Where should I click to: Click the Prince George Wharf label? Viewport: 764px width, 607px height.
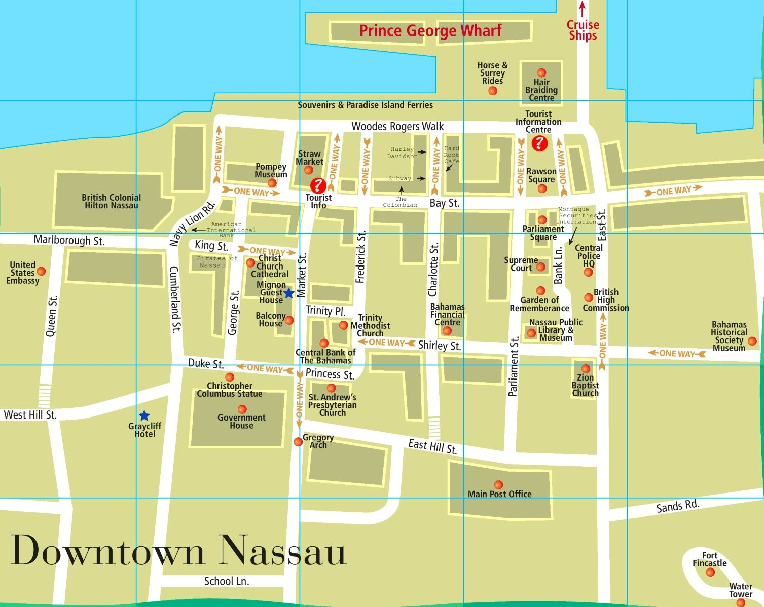click(430, 31)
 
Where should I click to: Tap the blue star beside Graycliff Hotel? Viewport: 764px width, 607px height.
click(144, 415)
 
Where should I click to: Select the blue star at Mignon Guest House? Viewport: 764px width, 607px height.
click(288, 293)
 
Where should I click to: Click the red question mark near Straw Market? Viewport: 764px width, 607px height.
click(318, 185)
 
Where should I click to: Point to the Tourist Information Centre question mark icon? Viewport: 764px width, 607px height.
click(539, 143)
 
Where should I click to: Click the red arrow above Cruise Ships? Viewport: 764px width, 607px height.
click(583, 9)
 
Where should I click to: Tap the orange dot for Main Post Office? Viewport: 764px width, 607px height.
click(498, 485)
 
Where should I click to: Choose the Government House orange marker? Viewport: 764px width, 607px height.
click(242, 409)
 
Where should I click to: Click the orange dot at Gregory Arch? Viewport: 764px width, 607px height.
click(298, 442)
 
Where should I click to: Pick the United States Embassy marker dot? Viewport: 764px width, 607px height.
click(41, 272)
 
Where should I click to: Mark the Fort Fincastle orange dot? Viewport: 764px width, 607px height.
click(710, 572)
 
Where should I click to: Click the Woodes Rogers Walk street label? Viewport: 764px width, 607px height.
click(397, 126)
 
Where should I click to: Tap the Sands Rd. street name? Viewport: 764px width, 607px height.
click(678, 506)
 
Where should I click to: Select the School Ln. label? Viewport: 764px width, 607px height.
click(227, 581)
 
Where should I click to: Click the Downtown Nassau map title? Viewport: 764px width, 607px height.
click(178, 551)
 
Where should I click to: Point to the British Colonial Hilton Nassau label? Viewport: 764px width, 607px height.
click(112, 201)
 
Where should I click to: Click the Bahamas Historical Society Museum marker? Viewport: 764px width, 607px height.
click(752, 342)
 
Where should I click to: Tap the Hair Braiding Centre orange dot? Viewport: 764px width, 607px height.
click(541, 72)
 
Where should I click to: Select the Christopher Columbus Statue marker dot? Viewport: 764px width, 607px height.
click(230, 377)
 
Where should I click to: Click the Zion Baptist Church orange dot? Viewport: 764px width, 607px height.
click(586, 369)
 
